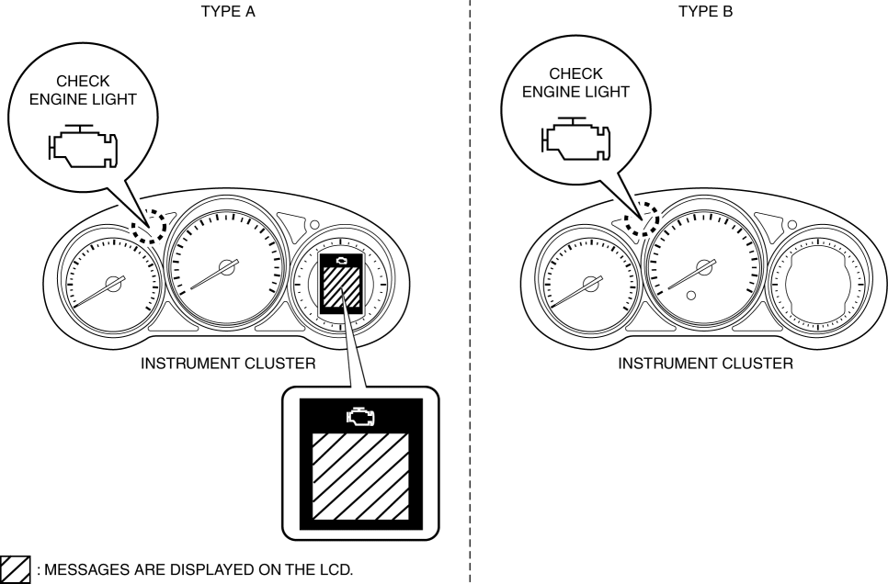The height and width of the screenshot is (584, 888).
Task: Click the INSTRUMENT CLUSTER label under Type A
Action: coord(228,365)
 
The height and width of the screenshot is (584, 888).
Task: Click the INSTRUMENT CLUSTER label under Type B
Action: coord(705,365)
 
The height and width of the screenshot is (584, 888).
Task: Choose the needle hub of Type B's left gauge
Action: coord(594,282)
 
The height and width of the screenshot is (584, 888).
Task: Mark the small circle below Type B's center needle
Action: coord(691,296)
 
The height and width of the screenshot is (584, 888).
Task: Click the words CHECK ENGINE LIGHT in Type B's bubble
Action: coord(575,83)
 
